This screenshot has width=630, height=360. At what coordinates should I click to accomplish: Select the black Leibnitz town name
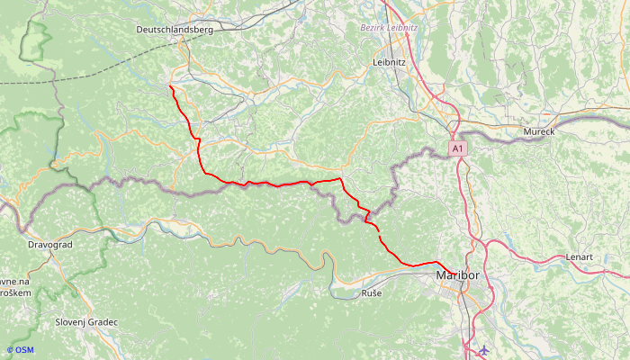coord(390,62)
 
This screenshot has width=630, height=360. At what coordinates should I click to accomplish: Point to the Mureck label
coord(539,132)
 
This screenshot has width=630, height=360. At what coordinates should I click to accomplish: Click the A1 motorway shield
coord(457,148)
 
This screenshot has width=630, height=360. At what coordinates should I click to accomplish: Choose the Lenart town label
coord(580,257)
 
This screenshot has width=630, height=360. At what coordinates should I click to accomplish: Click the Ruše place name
coord(372,293)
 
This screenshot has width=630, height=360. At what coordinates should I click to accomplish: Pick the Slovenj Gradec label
coord(86,321)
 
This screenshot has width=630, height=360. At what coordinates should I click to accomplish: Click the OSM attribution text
coord(23,350)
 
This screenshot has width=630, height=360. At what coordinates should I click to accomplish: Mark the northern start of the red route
coord(170,85)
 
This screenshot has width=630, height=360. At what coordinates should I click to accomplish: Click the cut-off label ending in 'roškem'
coord(15,293)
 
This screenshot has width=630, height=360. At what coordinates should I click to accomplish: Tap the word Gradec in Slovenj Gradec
coord(101,321)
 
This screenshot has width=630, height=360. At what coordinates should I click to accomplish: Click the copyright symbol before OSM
coord(10,350)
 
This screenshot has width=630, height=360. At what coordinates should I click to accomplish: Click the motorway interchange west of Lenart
coord(486,244)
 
